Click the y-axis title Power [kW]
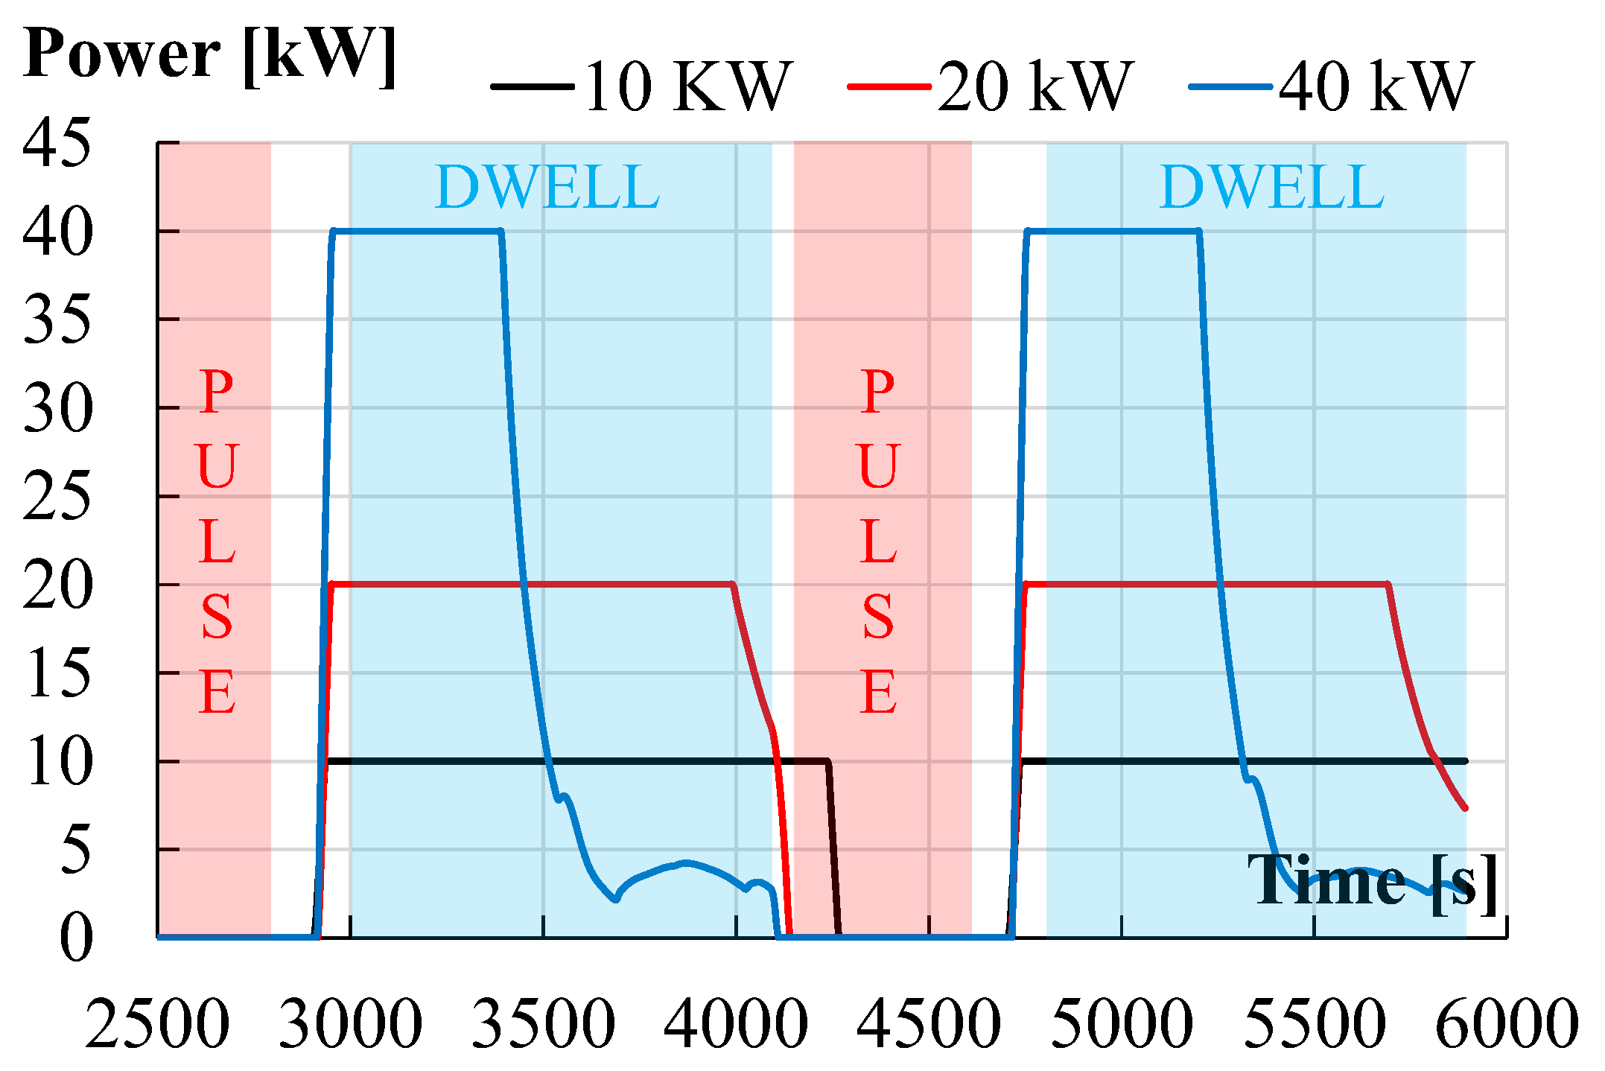[210, 55]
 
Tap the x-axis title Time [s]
[1373, 881]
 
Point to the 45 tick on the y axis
[57, 142]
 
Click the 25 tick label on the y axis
[57, 496]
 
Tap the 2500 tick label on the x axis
[157, 1025]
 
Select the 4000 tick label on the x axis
[736, 1025]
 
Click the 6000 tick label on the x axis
[1507, 1025]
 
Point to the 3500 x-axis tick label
[544, 1025]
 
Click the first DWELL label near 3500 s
[547, 187]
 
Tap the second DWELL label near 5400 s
[1272, 187]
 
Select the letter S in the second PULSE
[879, 617]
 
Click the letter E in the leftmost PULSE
[217, 693]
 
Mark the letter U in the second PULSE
[879, 466]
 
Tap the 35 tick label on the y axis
[57, 320]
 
